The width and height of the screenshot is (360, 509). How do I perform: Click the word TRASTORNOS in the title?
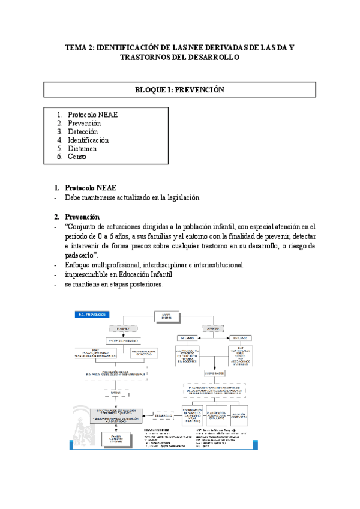coord(147,58)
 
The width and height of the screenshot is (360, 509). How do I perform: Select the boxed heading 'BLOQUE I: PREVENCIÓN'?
coord(179,89)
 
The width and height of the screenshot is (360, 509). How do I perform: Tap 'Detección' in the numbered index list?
coord(84,131)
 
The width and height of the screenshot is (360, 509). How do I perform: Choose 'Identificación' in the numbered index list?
coord(88,140)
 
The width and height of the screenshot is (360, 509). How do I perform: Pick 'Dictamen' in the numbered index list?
coord(82,148)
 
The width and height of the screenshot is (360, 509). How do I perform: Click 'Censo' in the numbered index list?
coord(77,157)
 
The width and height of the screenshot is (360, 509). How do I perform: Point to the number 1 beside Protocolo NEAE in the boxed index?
coord(59,115)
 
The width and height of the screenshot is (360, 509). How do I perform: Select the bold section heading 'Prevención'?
coord(82,217)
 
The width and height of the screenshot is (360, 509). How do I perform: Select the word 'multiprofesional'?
coord(121,265)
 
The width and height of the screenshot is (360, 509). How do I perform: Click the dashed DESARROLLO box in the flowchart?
coord(164,414)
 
